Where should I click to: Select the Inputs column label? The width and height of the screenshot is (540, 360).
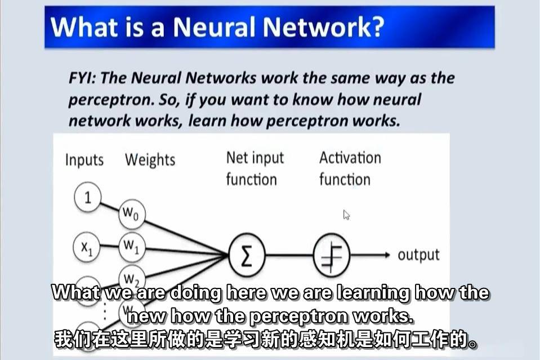[84, 160]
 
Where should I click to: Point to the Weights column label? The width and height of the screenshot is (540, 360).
[150, 160]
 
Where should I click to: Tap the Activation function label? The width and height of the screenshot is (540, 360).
[350, 168]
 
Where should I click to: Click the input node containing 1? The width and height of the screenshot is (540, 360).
[87, 198]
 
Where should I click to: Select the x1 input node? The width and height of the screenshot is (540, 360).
[87, 247]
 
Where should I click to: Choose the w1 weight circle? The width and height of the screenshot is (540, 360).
[131, 246]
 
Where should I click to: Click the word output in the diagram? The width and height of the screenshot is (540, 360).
[418, 255]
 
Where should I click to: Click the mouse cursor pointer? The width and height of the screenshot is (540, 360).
[346, 215]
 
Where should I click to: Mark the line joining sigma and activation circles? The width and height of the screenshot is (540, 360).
[288, 255]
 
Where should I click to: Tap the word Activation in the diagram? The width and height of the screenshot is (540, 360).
[350, 158]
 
